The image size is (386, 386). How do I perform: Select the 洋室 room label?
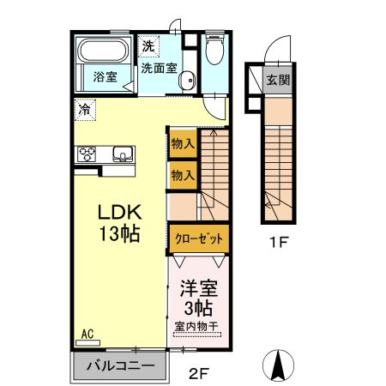[x=198, y=290]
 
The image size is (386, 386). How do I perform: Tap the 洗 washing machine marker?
[x=148, y=45]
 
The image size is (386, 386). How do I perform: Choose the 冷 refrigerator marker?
[x=84, y=109]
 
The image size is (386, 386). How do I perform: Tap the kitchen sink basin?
[x=122, y=155]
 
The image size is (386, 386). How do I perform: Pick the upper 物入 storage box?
[x=182, y=143]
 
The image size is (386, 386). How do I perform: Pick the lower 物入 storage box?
[x=182, y=174]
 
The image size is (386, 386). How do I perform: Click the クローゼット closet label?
[x=198, y=238]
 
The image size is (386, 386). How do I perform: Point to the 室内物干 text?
[x=197, y=327]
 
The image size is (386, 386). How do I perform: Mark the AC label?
[x=87, y=333]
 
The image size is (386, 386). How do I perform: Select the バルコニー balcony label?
[x=120, y=366]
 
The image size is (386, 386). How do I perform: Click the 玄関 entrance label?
[x=277, y=81]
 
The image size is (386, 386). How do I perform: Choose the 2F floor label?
[x=198, y=373]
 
